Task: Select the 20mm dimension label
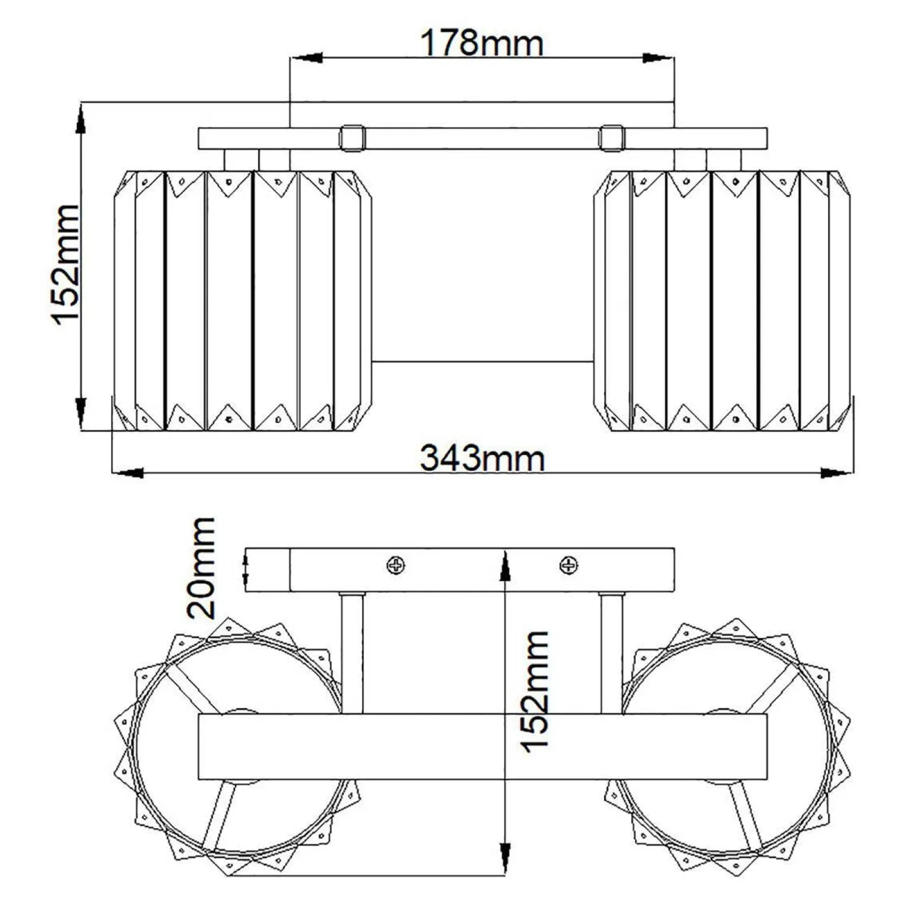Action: pos(201,568)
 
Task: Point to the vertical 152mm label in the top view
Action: pos(65,264)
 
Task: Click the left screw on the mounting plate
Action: pos(395,565)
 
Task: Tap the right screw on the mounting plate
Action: pos(568,565)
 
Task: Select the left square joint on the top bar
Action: pos(352,138)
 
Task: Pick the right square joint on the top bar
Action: pos(612,138)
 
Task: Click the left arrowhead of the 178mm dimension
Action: pos(307,58)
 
